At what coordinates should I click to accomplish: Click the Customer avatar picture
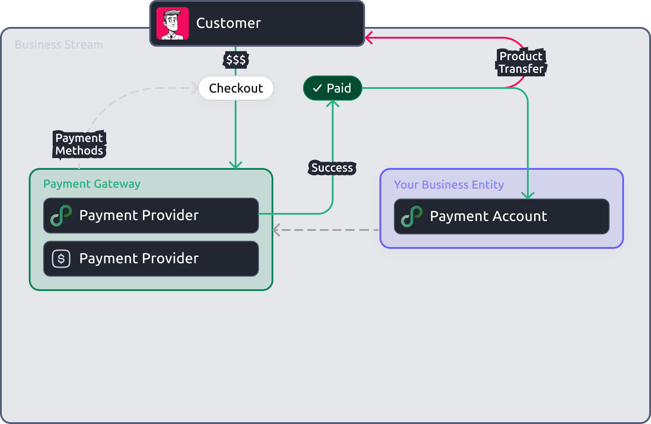172,23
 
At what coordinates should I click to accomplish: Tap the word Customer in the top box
228,23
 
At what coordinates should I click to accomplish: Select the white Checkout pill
236,88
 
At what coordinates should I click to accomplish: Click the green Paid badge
333,88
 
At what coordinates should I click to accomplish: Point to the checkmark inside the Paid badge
317,88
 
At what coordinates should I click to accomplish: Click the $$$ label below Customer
236,60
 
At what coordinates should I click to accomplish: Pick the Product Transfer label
521,62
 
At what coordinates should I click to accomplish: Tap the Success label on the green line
332,168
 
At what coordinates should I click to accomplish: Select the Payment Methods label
79,144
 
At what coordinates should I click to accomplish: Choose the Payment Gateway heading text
92,184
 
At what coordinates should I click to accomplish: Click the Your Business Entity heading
449,185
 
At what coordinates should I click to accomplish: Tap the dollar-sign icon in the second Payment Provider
61,259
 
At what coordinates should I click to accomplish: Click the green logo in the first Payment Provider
61,216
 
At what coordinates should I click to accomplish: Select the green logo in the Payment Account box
412,216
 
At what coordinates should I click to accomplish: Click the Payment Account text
488,216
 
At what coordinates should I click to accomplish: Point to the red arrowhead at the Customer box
369,38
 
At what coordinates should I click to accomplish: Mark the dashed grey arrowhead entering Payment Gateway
276,230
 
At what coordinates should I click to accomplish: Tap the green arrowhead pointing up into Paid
333,104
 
